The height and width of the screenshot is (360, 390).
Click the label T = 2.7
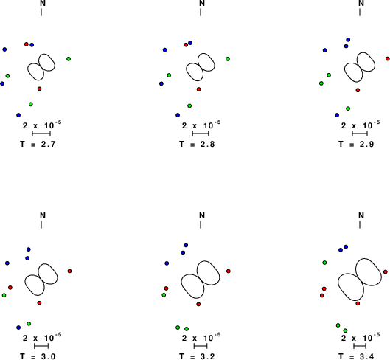point(38,144)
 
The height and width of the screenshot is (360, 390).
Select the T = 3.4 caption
point(356,356)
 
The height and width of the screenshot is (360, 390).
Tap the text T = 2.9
point(356,144)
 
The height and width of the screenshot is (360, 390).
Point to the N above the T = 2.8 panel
point(202,3)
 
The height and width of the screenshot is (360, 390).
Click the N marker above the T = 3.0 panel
point(43,215)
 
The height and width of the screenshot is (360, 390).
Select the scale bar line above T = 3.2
point(201,346)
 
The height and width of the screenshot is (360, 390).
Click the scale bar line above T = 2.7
point(41,134)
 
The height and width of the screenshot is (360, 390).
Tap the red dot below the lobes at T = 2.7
point(39,89)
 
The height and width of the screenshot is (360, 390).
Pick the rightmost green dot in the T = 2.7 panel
point(69,59)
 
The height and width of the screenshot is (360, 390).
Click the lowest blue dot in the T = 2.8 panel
point(178,115)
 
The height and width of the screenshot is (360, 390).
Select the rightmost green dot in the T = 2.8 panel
point(228,59)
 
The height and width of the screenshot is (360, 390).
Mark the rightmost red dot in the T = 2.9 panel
point(388,59)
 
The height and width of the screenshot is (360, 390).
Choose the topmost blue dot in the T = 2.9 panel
point(348,40)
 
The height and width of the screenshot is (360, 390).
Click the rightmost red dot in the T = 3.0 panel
point(69,271)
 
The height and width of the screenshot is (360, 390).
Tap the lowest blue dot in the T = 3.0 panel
point(18,328)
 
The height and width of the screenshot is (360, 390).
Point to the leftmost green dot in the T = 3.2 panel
point(164,295)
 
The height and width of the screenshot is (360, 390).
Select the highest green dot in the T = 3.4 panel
point(324,263)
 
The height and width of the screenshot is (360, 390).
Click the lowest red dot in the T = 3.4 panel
point(358,303)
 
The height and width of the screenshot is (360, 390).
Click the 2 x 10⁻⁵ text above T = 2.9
point(361,125)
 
